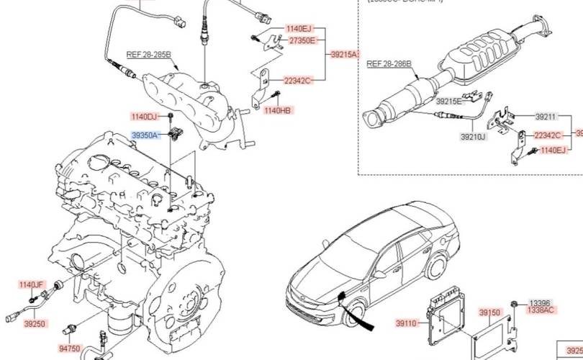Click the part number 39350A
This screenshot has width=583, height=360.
(x=145, y=135)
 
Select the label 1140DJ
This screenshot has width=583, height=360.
(x=144, y=116)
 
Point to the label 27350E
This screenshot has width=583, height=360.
(x=302, y=41)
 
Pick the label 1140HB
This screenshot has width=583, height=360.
(x=277, y=110)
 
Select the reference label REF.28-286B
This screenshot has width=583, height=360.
(x=389, y=64)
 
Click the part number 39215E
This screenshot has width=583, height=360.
(x=448, y=102)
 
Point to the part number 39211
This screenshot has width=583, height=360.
(x=546, y=117)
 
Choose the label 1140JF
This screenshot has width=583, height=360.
(x=32, y=285)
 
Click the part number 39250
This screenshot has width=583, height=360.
(x=35, y=324)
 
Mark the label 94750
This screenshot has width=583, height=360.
(x=69, y=348)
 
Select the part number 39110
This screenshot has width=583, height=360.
(x=406, y=323)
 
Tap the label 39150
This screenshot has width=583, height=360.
(x=489, y=312)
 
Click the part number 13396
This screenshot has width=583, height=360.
(x=541, y=303)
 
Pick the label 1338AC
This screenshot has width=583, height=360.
(x=541, y=310)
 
